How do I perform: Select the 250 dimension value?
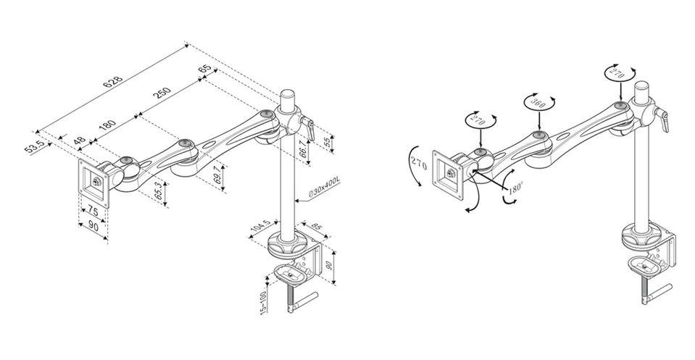point(162,93)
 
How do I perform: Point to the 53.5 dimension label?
point(35,146)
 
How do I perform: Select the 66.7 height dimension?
point(302,148)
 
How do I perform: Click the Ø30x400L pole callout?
point(323,186)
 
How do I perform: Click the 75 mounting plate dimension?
point(93,210)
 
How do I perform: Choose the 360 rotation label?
point(538,104)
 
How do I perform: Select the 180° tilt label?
point(515,188)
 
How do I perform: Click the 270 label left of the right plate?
point(418,164)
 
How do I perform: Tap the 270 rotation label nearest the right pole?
point(616,74)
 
